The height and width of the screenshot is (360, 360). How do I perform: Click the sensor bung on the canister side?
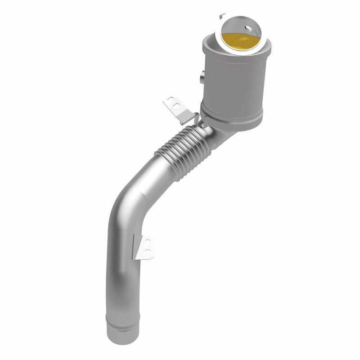201,76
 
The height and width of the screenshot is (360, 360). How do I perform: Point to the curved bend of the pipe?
126,202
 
